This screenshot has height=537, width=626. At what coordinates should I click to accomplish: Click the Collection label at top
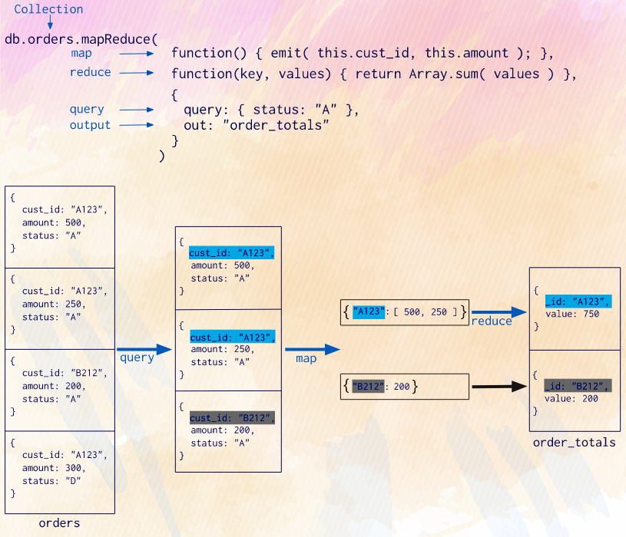point(48,9)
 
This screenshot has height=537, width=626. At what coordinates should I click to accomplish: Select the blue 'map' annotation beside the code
point(81,54)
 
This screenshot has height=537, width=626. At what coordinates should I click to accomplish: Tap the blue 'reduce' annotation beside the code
point(90,72)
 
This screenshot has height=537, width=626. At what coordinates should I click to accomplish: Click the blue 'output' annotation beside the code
point(90,125)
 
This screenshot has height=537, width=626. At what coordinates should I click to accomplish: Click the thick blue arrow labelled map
point(316,350)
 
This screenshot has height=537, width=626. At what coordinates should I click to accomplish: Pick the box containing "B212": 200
point(404,387)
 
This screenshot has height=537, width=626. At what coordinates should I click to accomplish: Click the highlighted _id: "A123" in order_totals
point(578,301)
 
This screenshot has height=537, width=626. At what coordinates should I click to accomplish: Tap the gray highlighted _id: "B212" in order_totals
point(578,386)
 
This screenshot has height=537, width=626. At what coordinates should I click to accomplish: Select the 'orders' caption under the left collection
point(59,523)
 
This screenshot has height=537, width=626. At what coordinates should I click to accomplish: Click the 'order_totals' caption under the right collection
point(575,443)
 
